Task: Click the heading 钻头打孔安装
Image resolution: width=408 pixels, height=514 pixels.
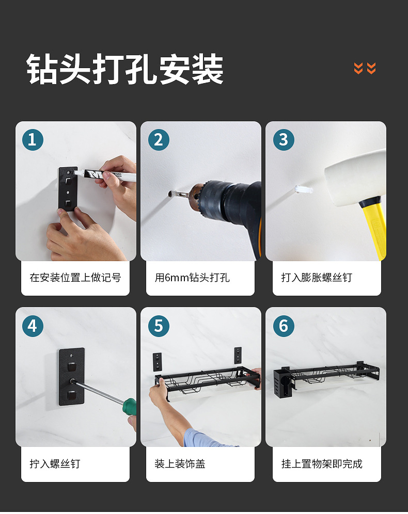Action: coord(124,70)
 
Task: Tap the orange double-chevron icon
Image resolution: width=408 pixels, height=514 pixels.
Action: coord(365,68)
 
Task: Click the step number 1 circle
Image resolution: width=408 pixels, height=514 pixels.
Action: coord(33,140)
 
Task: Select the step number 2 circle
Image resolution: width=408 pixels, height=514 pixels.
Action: coord(159,140)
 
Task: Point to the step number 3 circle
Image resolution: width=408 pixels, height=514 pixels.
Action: coord(284,140)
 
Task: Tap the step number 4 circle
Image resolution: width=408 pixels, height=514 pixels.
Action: coord(33,326)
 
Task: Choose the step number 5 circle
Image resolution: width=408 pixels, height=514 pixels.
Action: coord(159,326)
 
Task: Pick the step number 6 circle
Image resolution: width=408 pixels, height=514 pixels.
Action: coord(284,326)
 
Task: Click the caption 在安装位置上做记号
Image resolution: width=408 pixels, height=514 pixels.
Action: coord(75,278)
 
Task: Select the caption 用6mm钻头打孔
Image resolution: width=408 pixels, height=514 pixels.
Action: coord(192,278)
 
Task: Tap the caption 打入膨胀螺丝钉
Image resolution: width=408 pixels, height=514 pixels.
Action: coord(317,278)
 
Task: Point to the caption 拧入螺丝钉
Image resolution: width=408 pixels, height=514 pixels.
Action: coord(55,464)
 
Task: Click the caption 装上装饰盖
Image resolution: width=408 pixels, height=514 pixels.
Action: coord(180,464)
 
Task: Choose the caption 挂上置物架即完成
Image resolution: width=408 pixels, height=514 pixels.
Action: coord(322,464)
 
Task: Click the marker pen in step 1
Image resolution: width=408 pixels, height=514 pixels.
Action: coord(105,175)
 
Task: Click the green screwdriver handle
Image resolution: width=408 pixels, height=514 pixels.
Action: coord(129,407)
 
